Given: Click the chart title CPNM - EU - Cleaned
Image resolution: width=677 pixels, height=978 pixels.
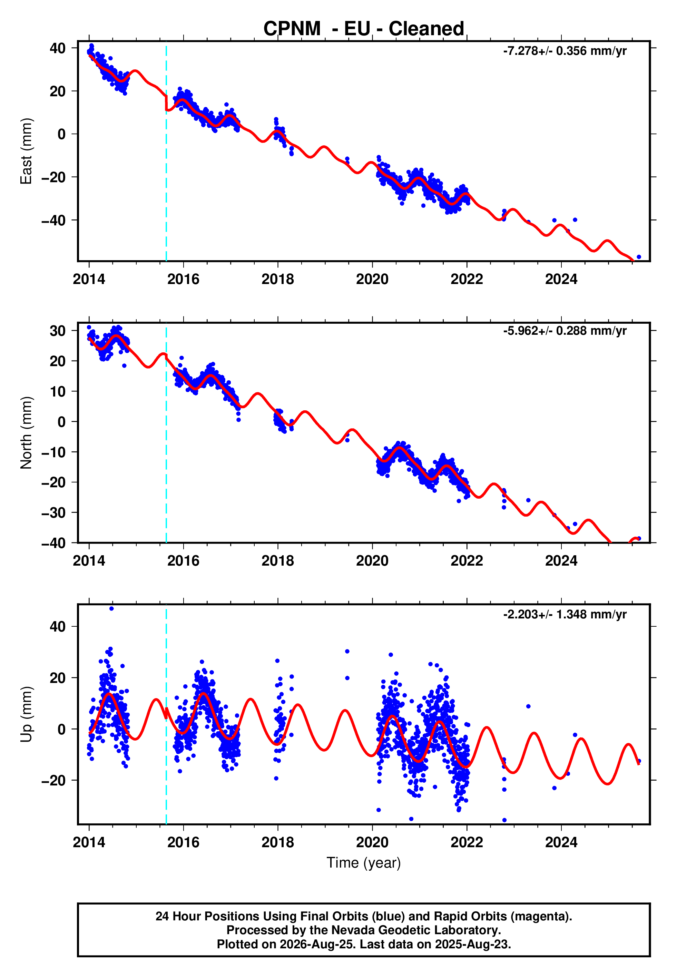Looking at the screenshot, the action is point(364,29).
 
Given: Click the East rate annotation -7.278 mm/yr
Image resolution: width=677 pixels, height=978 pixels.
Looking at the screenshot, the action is point(565,51).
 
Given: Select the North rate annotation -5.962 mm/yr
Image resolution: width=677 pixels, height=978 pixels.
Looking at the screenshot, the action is point(565,331).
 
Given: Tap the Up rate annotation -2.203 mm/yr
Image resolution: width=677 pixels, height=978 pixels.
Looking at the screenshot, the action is point(565,615).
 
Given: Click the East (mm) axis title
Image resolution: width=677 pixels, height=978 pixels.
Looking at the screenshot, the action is point(26,151).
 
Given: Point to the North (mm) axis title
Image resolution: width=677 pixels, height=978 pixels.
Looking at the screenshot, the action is point(26,433).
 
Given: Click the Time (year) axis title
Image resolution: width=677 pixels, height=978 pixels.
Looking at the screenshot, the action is point(364,863).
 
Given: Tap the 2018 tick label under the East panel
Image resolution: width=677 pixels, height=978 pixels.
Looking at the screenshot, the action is point(277,279).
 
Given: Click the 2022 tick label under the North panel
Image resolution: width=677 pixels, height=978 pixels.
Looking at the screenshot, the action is point(467,561).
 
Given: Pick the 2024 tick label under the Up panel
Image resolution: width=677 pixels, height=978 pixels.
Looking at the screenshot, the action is point(561,842).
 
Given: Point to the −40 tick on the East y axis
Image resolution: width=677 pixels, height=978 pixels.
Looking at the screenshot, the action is point(54,221).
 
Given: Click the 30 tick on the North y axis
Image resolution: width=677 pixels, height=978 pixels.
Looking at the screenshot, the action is point(58,331).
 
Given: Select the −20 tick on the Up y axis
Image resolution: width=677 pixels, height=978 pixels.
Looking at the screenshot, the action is point(54,780).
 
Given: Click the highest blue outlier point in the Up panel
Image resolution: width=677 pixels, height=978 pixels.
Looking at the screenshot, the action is point(111,609).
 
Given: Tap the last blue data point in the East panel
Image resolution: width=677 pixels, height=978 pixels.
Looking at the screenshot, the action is point(639,257).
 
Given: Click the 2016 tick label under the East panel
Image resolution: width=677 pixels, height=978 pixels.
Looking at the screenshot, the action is point(183,279).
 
